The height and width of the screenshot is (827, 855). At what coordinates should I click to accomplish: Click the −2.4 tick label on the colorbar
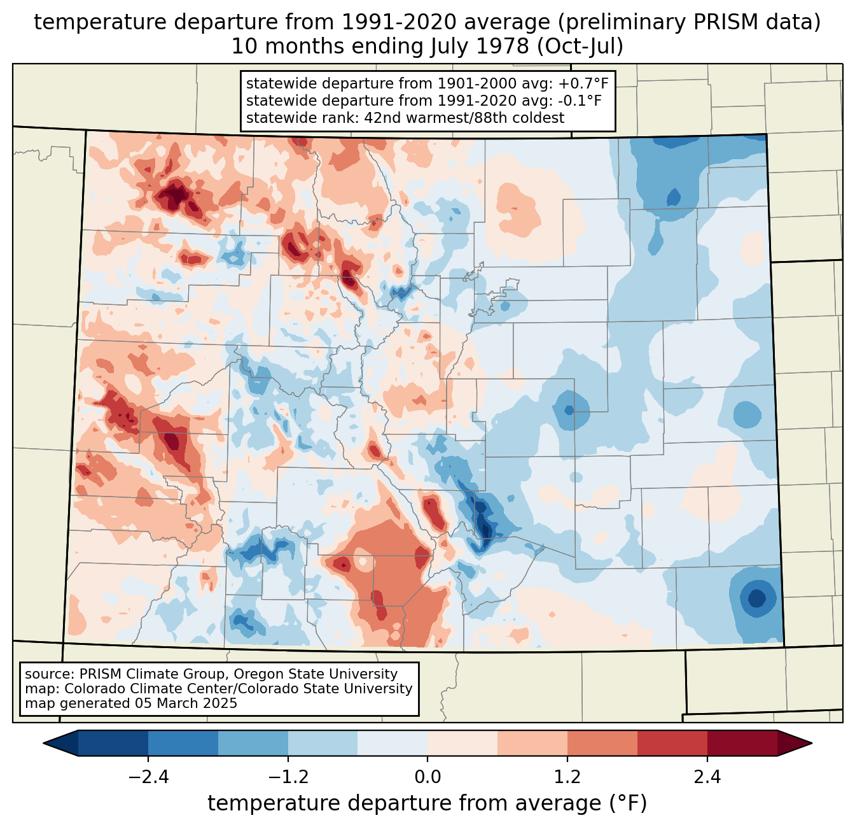pos(148,777)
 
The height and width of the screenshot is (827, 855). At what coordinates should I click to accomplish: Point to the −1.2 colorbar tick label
pos(288,777)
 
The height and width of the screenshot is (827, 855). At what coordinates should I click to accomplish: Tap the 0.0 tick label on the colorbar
pos(427,777)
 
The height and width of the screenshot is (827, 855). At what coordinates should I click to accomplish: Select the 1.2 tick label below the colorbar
pos(567,777)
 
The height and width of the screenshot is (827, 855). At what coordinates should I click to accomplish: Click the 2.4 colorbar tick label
pos(707,777)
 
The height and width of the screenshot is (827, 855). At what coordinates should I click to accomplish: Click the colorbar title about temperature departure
pos(427,803)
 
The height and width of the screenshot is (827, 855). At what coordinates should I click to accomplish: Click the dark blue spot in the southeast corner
pos(756,598)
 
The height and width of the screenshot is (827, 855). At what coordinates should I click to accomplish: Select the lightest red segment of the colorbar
pos(462,743)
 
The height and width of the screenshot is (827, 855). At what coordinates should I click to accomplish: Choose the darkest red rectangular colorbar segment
pos(742,743)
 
